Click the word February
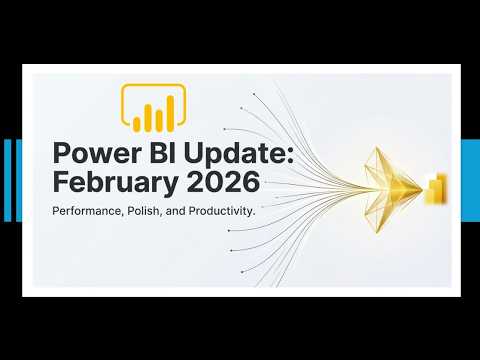click(x=114, y=183)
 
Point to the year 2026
click(x=222, y=183)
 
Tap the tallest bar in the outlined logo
click(x=170, y=113)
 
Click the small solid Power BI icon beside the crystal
click(x=435, y=188)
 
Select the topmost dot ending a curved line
click(x=255, y=95)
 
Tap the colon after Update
click(x=261, y=158)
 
